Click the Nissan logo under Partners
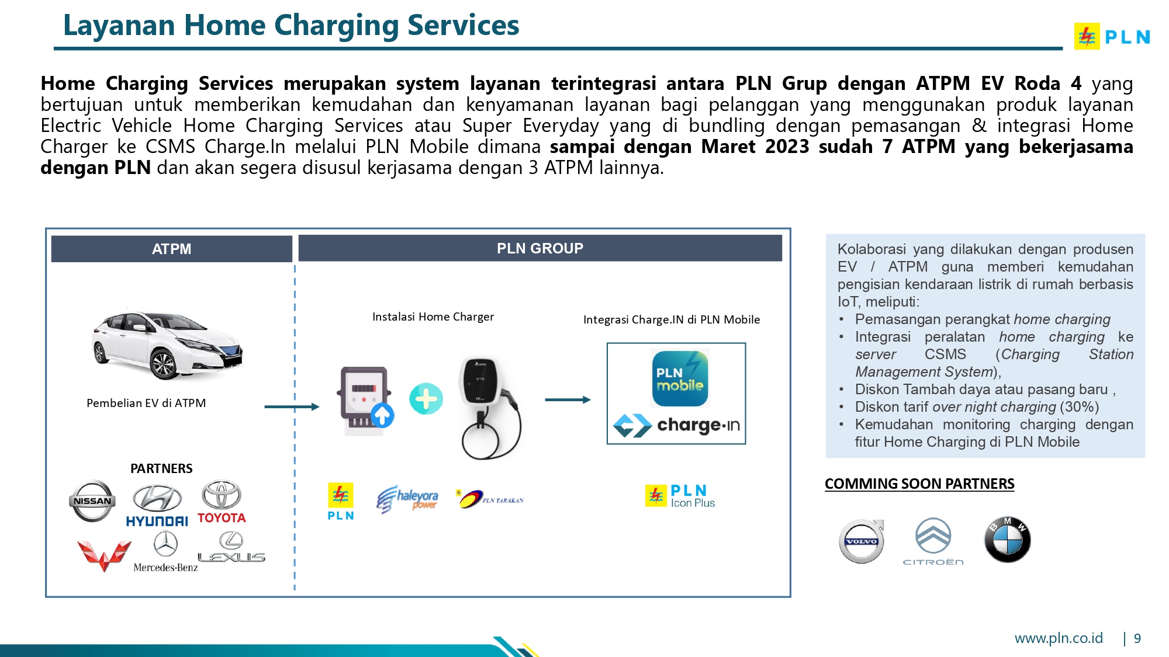tap(92, 500)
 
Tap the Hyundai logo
tap(157, 506)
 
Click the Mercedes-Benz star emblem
tap(165, 544)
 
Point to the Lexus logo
tap(231, 548)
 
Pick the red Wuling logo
tap(103, 555)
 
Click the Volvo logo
tap(862, 541)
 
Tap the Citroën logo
tap(933, 541)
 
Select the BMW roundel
tap(1007, 540)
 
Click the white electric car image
tap(167, 344)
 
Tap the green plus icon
tap(426, 399)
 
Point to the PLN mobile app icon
tap(680, 378)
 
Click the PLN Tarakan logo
tap(490, 499)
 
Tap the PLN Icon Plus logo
tap(680, 496)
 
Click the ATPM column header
tap(171, 249)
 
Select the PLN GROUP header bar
tap(539, 248)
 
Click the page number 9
tap(1137, 638)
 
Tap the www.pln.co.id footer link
tap(1059, 638)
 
